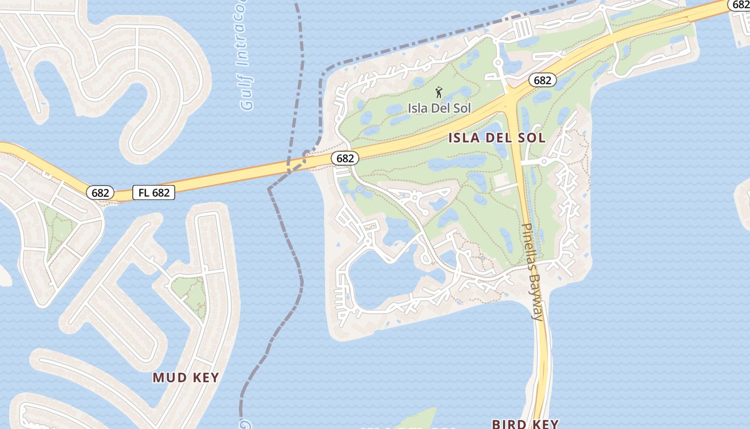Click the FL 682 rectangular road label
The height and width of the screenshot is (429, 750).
(154, 193)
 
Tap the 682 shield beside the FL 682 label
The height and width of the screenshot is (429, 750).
(101, 193)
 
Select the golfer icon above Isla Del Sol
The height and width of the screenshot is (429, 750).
(439, 92)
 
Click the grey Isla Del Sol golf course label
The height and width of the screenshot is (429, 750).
(439, 108)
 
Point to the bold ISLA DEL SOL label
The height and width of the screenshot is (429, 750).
(497, 138)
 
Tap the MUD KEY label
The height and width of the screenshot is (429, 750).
(186, 378)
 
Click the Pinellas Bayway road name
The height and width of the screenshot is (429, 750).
(534, 271)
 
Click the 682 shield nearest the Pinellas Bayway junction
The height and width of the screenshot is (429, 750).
(542, 80)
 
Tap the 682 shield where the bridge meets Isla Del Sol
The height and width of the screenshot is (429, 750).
(344, 158)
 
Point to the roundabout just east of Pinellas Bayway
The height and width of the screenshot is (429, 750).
(544, 161)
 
